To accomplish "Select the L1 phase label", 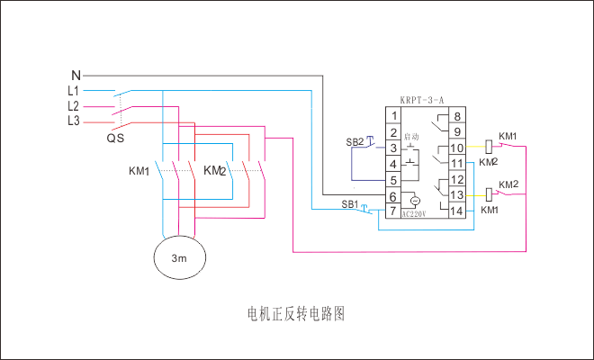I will tap(74, 91).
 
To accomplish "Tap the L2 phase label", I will tap(74, 105).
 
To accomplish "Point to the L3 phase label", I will tap(74, 120).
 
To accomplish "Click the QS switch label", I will tap(115, 139).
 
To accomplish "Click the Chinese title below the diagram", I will tap(296, 314).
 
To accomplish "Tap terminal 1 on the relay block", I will tap(393, 116).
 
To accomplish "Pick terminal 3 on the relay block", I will tap(393, 147).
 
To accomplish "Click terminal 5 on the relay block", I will tap(393, 179).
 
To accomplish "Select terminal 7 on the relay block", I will tap(393, 211).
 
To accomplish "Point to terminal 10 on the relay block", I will tap(457, 147).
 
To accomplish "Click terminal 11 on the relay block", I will tap(457, 163).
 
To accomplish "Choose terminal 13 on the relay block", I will tap(457, 194).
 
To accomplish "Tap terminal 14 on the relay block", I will tap(457, 211).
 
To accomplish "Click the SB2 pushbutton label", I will tap(354, 142).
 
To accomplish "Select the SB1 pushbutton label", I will tap(349, 204).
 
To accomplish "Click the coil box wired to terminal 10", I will tap(491, 144).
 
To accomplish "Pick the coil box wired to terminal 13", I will tap(491, 193).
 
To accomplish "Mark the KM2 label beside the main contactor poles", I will tap(214, 169).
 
